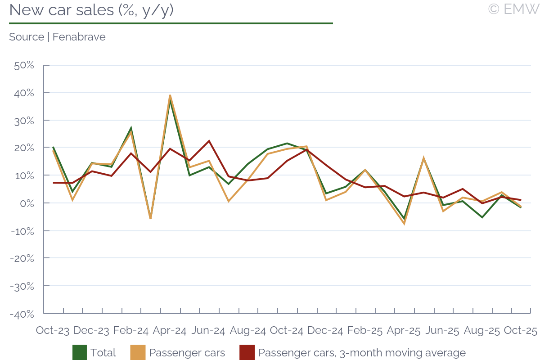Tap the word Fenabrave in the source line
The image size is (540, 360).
[79, 37]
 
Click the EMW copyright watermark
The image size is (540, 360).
[513, 9]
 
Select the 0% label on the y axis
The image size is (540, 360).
[28, 203]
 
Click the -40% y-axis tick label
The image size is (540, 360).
[22, 314]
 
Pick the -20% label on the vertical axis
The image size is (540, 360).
[22, 258]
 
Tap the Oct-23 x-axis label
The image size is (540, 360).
[53, 331]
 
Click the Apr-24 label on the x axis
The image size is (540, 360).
[170, 331]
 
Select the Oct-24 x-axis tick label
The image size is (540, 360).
[287, 331]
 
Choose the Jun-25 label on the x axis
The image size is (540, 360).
[442, 331]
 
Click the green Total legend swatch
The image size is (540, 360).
[80, 353]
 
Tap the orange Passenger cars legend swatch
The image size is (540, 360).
[138, 353]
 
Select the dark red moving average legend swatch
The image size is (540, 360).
[247, 353]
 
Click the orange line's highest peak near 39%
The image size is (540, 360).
[170, 95]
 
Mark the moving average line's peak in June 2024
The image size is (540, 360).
[209, 141]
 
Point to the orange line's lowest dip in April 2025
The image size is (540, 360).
[404, 224]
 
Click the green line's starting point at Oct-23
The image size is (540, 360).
[53, 147]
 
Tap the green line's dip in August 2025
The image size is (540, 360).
[482, 217]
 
